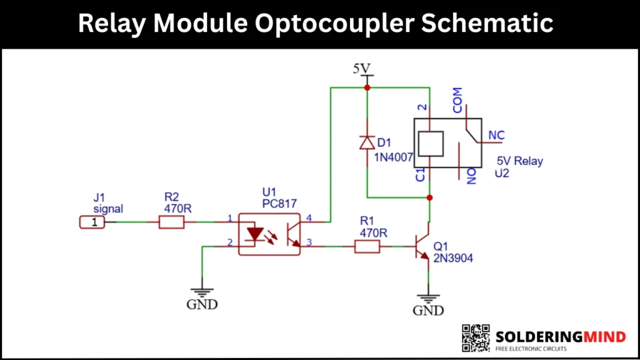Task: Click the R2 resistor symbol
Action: point(172,222)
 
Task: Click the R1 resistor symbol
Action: point(367,246)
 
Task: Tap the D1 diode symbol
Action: point(367,142)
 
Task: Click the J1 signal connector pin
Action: point(92,222)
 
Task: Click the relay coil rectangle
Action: point(430,144)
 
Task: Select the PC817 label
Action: point(279,204)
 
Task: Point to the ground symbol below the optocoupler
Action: point(202,292)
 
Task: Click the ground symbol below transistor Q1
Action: point(429,298)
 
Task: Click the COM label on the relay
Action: point(457,100)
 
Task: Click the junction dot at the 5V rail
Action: point(367,88)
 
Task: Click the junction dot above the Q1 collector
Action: point(429,197)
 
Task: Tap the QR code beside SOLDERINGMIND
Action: point(476,337)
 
